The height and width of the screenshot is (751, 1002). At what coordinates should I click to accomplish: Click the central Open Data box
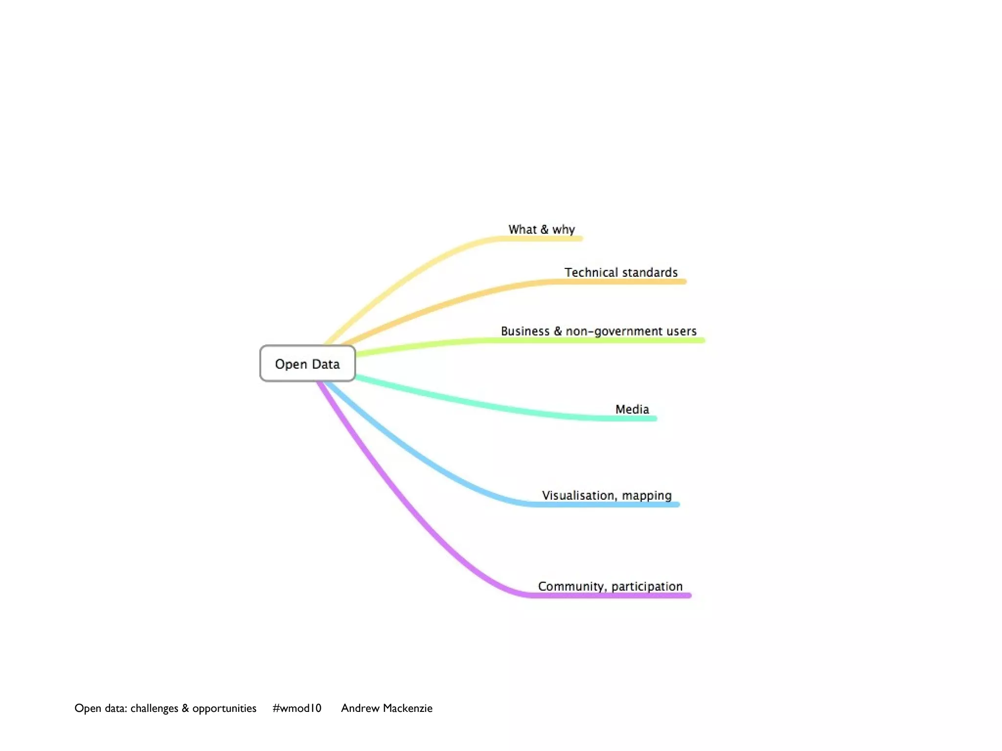click(x=307, y=363)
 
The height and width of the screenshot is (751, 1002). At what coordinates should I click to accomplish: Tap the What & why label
click(x=541, y=229)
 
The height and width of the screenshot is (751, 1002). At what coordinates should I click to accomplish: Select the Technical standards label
click(x=621, y=272)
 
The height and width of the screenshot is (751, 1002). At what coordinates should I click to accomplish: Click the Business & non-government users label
click(x=598, y=331)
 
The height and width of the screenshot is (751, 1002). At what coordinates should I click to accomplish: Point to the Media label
click(x=632, y=409)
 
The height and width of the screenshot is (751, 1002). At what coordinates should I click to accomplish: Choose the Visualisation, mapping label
click(x=606, y=495)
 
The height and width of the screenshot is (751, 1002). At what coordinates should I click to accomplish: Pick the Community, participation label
click(x=610, y=586)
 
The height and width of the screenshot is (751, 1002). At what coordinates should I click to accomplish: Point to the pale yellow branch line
click(x=416, y=274)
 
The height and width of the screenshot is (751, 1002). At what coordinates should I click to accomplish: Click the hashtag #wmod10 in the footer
click(x=297, y=708)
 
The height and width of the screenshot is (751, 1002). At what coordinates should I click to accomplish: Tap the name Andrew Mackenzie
click(x=387, y=708)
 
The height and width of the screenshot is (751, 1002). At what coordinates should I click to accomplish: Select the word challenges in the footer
click(x=154, y=708)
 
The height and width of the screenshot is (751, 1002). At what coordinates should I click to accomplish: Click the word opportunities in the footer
click(x=224, y=708)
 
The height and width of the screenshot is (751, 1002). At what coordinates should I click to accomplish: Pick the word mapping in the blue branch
click(x=646, y=496)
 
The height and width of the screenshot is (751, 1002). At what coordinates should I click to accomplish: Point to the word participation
click(x=647, y=587)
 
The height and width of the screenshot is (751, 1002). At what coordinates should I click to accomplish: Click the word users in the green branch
click(x=681, y=331)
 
